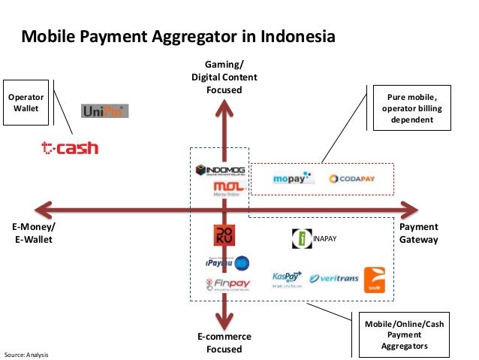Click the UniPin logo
tap(104, 110)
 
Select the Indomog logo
tap(218, 170)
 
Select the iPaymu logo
tap(227, 262)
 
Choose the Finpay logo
tap(227, 284)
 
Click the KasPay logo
tap(286, 278)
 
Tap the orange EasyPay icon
tap(375, 279)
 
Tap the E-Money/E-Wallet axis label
tap(34, 233)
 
